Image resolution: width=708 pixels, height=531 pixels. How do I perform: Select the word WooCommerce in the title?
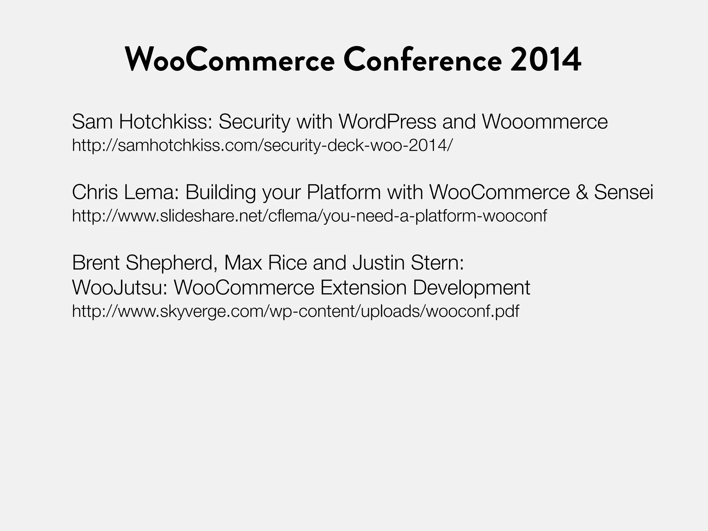[230, 59]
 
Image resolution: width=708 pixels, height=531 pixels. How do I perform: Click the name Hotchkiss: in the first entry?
[166, 121]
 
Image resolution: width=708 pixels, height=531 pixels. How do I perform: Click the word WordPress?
[387, 121]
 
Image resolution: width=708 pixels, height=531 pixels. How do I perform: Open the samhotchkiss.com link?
[262, 145]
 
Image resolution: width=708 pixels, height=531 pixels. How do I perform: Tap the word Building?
[220, 193]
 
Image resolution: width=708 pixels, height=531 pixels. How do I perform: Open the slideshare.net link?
[309, 216]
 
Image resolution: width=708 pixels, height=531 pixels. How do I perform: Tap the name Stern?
[437, 262]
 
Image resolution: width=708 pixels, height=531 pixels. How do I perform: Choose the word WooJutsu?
[120, 287]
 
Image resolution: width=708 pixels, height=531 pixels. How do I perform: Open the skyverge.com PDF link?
[296, 311]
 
